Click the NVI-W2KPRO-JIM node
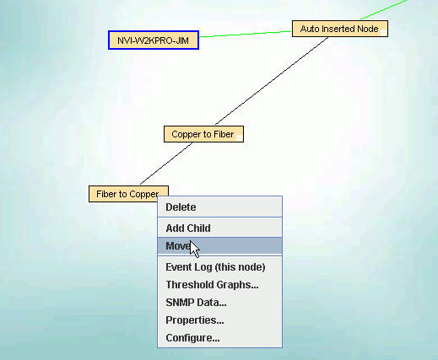coord(154,40)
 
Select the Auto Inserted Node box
coord(340,29)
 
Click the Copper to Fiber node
coord(203,134)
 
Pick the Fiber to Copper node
coord(128,194)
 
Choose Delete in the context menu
coord(181,207)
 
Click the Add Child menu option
coord(188,228)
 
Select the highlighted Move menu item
coord(219,246)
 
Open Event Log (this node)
coord(215,267)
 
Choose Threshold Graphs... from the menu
coord(212,285)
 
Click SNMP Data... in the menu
coord(196,303)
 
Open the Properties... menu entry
coord(195,320)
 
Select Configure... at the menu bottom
coord(192,338)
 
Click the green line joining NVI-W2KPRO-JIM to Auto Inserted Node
coord(246,34)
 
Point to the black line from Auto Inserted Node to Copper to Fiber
coord(272,81)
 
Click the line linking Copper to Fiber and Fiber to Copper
coord(166,164)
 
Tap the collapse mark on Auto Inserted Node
coord(383,33)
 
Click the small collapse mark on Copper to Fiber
coord(239,137)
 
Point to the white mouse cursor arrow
coord(194,249)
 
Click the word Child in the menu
coord(199,228)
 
